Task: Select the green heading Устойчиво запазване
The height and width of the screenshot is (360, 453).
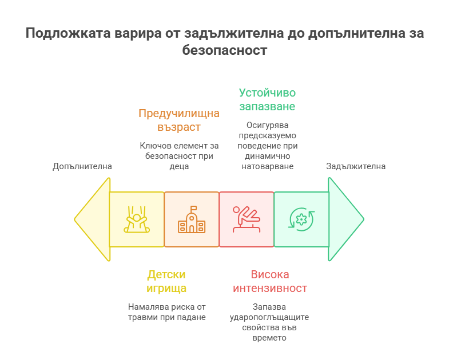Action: pos(267,99)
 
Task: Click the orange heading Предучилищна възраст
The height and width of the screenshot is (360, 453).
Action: pos(178,120)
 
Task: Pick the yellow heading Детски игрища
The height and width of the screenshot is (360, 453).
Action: pos(166,281)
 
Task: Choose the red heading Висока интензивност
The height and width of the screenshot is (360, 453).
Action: pos(270,281)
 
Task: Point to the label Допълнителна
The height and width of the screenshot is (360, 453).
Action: pos(82,166)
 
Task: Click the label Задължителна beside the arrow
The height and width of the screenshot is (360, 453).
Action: pos(356,166)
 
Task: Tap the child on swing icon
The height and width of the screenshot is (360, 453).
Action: pos(137,219)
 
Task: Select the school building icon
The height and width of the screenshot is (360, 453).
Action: pos(192,220)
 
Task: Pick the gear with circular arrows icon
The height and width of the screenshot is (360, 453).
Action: pos(301,219)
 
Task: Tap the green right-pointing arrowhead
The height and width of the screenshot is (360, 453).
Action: pos(346,219)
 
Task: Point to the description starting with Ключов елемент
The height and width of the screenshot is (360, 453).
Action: pos(178,156)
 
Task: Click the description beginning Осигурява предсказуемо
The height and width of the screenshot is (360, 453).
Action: pos(267,145)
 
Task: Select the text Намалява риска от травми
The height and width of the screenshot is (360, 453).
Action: pos(166,312)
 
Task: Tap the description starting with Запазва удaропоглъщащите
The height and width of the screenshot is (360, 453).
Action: pos(270,322)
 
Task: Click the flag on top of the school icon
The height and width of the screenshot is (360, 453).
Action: pos(194,208)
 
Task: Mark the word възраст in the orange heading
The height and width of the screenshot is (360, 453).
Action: pos(178,127)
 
